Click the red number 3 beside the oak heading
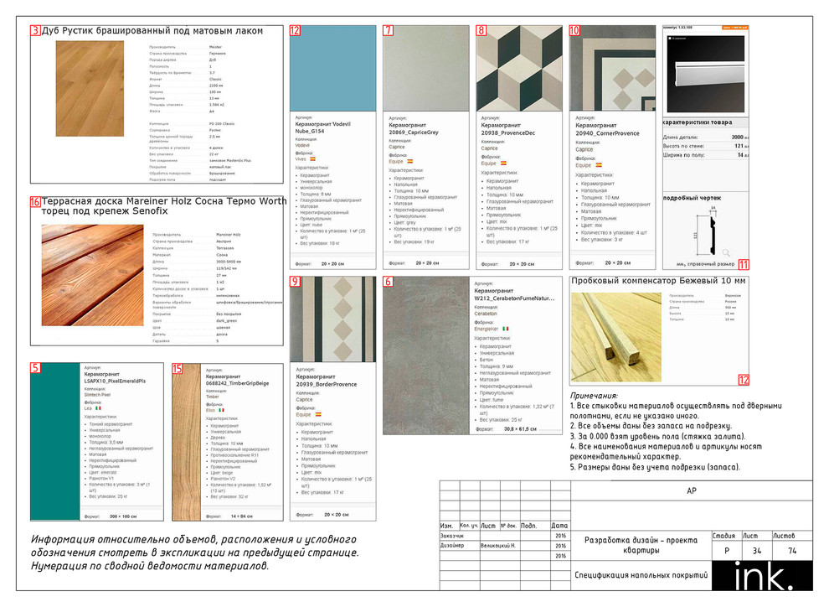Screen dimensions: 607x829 [35, 31]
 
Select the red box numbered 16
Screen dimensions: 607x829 [35, 202]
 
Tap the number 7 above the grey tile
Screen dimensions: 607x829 [388, 31]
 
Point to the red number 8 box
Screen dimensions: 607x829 [481, 31]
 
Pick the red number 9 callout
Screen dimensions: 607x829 [295, 282]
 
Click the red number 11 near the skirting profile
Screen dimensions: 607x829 [744, 265]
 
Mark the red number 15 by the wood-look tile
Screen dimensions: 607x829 [177, 368]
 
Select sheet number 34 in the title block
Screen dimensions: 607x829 [757, 551]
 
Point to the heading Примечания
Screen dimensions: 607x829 [594, 396]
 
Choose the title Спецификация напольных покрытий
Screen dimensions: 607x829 [641, 575]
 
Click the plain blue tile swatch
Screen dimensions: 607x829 [332, 68]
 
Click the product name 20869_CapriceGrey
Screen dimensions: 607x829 [414, 132]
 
